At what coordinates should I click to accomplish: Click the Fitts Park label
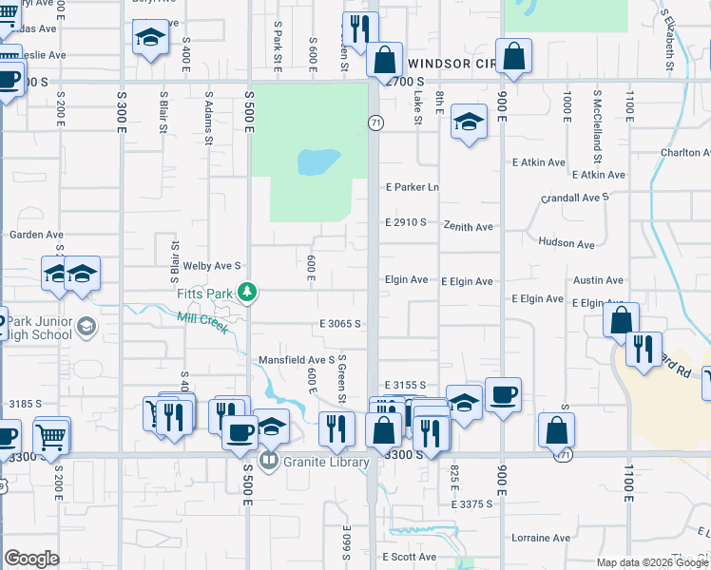pos(204,294)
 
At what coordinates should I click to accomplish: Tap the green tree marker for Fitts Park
pos(247,291)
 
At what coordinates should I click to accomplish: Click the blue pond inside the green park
pos(318,161)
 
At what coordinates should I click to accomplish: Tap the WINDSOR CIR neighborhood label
pos(452,64)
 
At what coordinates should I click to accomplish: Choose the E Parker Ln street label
pos(412,187)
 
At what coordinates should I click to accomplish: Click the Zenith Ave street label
pos(468,227)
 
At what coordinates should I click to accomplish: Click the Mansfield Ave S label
pos(297,360)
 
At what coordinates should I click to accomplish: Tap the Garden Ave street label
pos(36,235)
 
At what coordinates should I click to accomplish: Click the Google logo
pos(31,559)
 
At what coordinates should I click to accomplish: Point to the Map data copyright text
pos(651,562)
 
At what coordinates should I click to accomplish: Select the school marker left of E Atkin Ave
pos(468,121)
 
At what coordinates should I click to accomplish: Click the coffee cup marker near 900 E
pos(502,394)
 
